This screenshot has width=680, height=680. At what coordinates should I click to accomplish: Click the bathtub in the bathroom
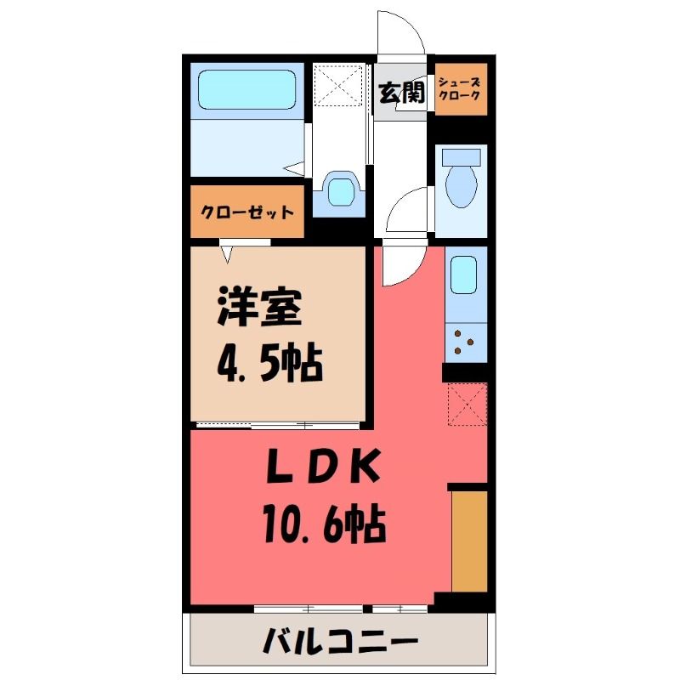pyautogui.click(x=247, y=90)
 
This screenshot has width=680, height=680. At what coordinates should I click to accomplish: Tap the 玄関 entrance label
pyautogui.click(x=401, y=93)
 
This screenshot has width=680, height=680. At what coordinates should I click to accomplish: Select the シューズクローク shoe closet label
pyautogui.click(x=459, y=88)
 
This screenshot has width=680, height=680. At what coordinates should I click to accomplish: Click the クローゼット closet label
pyautogui.click(x=247, y=212)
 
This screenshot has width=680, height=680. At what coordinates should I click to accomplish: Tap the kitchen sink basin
pyautogui.click(x=463, y=275)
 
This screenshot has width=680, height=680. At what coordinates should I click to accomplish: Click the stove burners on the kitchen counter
pyautogui.click(x=463, y=342)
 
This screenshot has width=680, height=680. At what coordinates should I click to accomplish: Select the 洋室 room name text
pyautogui.click(x=259, y=307)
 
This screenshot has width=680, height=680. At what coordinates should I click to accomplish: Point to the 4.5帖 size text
pyautogui.click(x=269, y=364)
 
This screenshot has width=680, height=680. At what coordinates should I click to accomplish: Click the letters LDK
pyautogui.click(x=325, y=466)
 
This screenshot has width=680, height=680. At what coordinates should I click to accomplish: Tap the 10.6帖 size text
pyautogui.click(x=325, y=523)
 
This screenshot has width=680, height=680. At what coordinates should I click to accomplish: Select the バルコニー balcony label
pyautogui.click(x=341, y=641)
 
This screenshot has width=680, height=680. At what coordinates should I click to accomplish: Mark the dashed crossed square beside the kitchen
pyautogui.click(x=467, y=405)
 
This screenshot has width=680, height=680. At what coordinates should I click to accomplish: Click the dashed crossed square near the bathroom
pyautogui.click(x=337, y=85)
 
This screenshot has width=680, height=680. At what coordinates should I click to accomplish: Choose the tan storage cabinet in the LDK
pyautogui.click(x=469, y=541)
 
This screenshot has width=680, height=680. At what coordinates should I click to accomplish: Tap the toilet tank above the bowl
pyautogui.click(x=461, y=157)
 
